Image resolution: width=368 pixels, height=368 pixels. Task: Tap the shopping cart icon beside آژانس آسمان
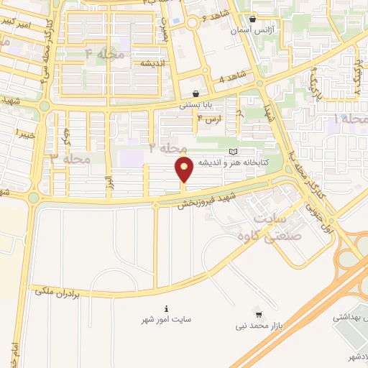point(252,19)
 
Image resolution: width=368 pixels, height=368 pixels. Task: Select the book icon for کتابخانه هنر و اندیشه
point(231,152)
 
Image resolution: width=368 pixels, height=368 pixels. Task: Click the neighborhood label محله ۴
point(105,54)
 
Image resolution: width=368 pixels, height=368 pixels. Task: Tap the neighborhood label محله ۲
point(167,147)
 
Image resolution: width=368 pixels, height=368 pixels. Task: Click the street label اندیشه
point(154,63)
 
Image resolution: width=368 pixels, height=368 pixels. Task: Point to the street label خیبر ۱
point(27,134)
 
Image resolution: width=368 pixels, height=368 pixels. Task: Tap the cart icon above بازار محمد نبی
point(258,315)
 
